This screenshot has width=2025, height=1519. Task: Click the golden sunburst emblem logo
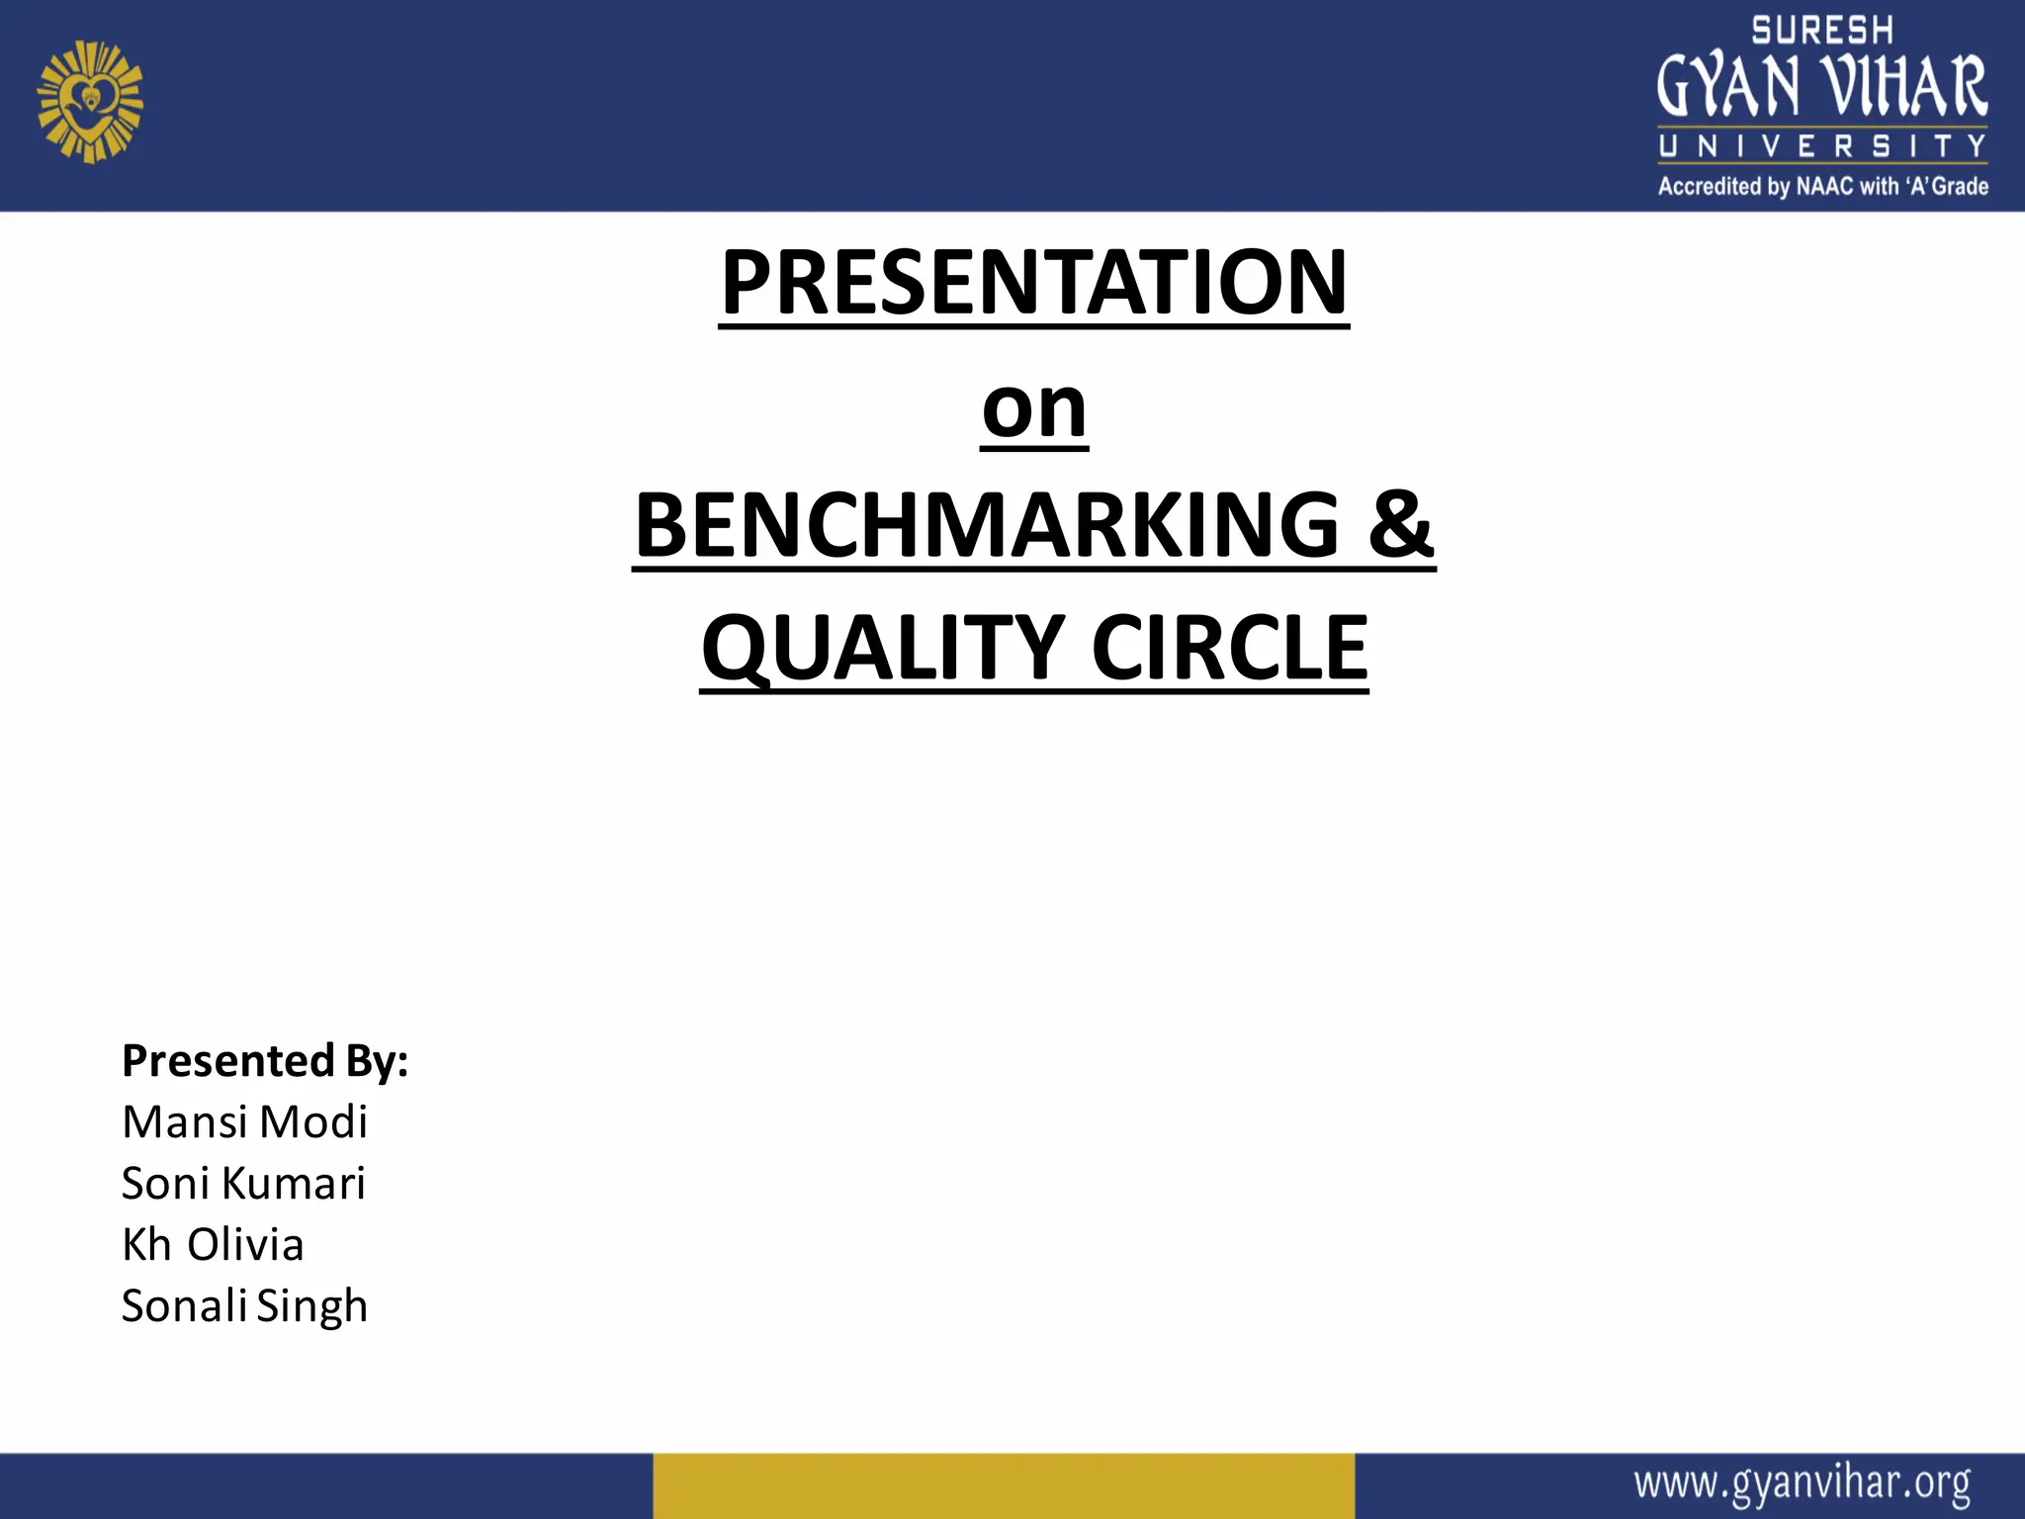point(90,102)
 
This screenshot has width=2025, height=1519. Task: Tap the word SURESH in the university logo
point(1822,31)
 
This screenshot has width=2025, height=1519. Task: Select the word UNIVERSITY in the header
point(1822,146)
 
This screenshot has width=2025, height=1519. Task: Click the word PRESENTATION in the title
point(1033,283)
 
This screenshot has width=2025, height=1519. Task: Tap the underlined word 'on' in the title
point(1034,407)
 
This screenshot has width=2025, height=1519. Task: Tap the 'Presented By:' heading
point(265,1060)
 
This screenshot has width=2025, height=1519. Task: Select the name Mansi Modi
point(244,1122)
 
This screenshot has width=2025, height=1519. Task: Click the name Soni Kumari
point(243,1184)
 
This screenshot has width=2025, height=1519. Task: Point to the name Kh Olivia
point(213,1245)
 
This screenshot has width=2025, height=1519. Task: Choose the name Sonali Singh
point(244,1306)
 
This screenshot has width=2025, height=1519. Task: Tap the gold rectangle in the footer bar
point(1003,1485)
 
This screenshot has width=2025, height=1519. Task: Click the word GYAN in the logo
point(1728,87)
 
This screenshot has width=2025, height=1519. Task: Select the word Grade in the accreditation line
point(1960,186)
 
